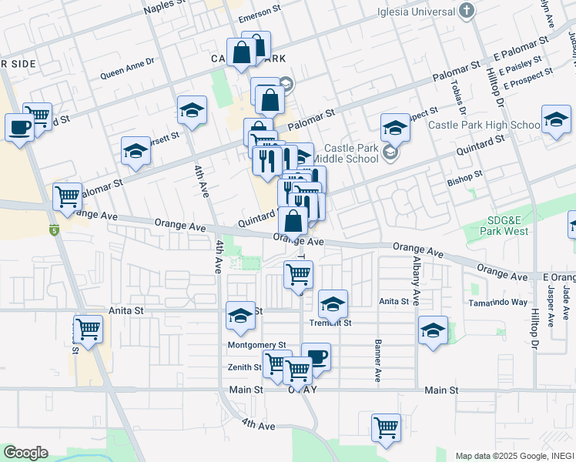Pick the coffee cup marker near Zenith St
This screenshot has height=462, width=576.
click(316, 357)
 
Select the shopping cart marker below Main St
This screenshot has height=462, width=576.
click(385, 427)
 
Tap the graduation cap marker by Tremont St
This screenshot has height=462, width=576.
click(333, 303)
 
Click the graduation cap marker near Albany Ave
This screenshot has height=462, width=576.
click(433, 331)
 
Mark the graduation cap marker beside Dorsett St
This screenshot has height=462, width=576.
click(136, 151)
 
